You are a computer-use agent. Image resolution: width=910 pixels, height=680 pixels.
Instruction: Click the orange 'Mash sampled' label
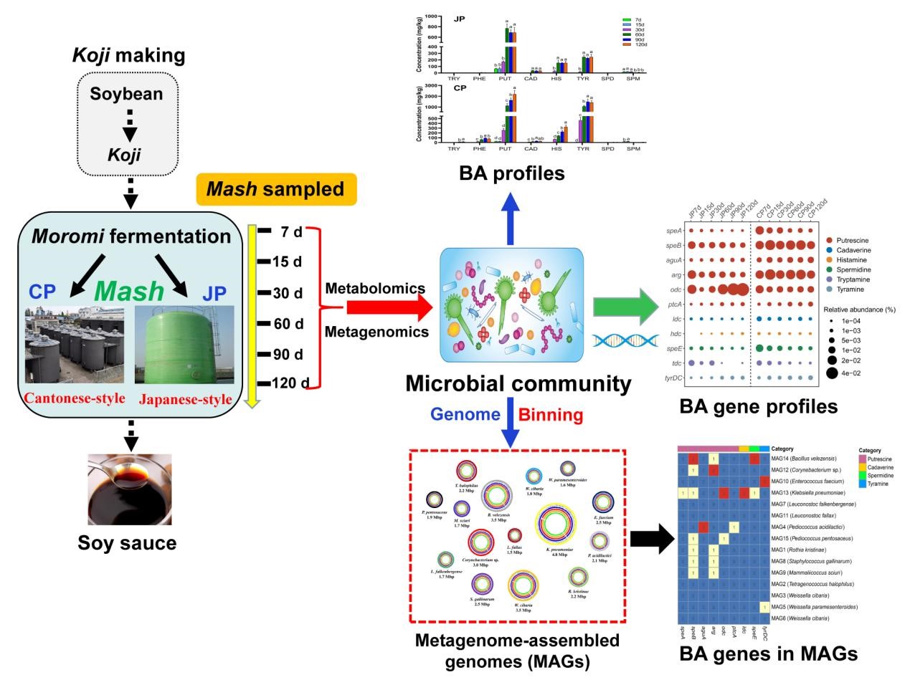(x=275, y=189)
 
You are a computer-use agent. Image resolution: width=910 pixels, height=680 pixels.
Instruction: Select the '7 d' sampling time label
(x=290, y=231)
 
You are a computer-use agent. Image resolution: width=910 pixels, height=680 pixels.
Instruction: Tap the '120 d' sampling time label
(x=290, y=383)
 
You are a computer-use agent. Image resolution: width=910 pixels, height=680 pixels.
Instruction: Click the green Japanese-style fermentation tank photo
(x=184, y=346)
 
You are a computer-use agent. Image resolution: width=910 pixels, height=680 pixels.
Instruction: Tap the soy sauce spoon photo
(x=129, y=489)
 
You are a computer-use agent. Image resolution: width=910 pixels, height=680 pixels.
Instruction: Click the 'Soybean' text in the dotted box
(x=126, y=94)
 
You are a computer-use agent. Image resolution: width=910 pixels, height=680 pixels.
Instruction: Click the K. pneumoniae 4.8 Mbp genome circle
(x=555, y=527)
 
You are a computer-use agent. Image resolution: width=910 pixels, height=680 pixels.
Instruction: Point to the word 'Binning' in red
(x=551, y=415)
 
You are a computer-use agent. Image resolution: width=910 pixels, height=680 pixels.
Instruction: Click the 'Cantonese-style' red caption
(x=75, y=398)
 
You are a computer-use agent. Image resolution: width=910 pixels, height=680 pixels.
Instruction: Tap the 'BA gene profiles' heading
(x=758, y=407)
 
